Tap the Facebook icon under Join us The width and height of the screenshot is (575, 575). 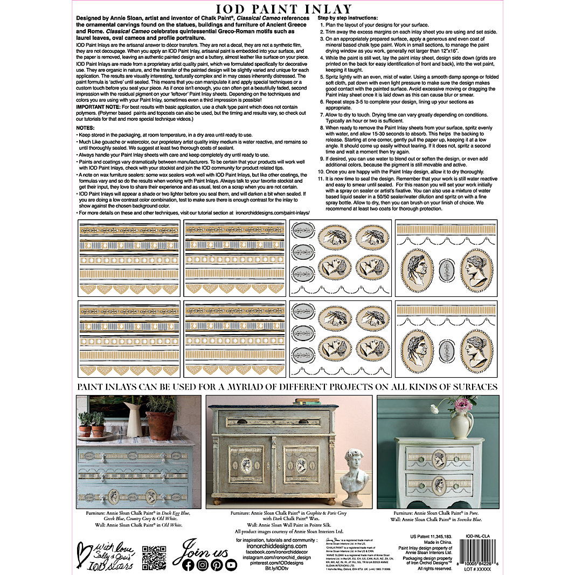pyautogui.click(x=188, y=565)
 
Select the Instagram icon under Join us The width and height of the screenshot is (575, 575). pyautogui.click(x=202, y=565)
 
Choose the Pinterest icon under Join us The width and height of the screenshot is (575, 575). pyautogui.click(x=217, y=565)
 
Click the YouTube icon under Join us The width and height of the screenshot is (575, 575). pyautogui.click(x=231, y=565)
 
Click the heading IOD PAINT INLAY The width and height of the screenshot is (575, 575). pyautogui.click(x=283, y=9)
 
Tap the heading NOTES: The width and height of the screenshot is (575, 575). pyautogui.click(x=87, y=127)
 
